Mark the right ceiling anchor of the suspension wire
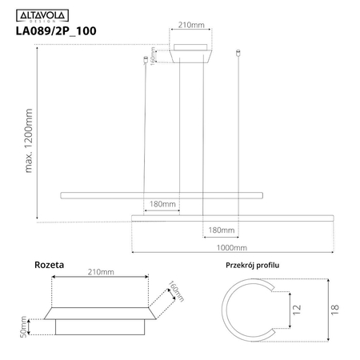[x=240, y=55]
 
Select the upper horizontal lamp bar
[x=161, y=195]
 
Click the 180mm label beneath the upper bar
[x=162, y=205]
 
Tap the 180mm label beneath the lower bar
[x=221, y=230]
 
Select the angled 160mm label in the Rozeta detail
[x=176, y=290]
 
